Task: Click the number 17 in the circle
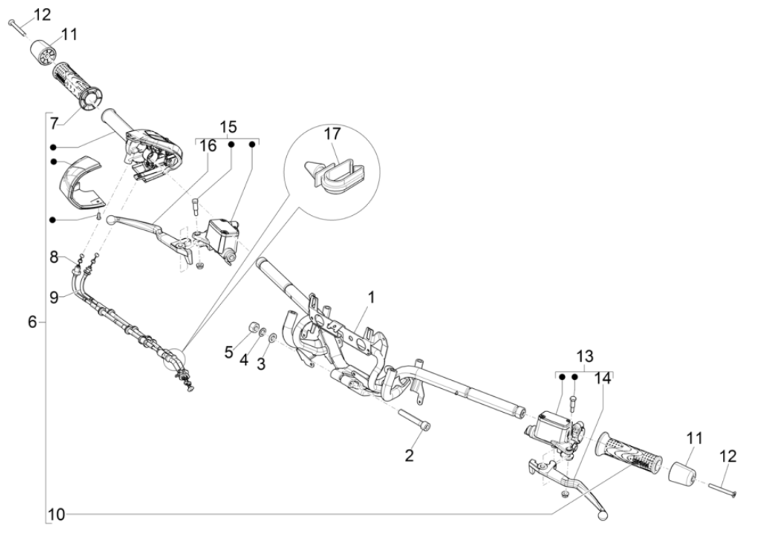pyautogui.click(x=333, y=134)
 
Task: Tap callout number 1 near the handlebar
pyautogui.click(x=371, y=298)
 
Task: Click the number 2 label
pyautogui.click(x=409, y=455)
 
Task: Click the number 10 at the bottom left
pyautogui.click(x=56, y=516)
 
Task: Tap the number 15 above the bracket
pyautogui.click(x=228, y=126)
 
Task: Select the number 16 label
pyautogui.click(x=208, y=146)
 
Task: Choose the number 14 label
pyautogui.click(x=603, y=378)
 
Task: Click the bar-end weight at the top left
pyautogui.click(x=43, y=54)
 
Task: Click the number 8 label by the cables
pyautogui.click(x=55, y=256)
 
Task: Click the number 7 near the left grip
pyautogui.click(x=54, y=124)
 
